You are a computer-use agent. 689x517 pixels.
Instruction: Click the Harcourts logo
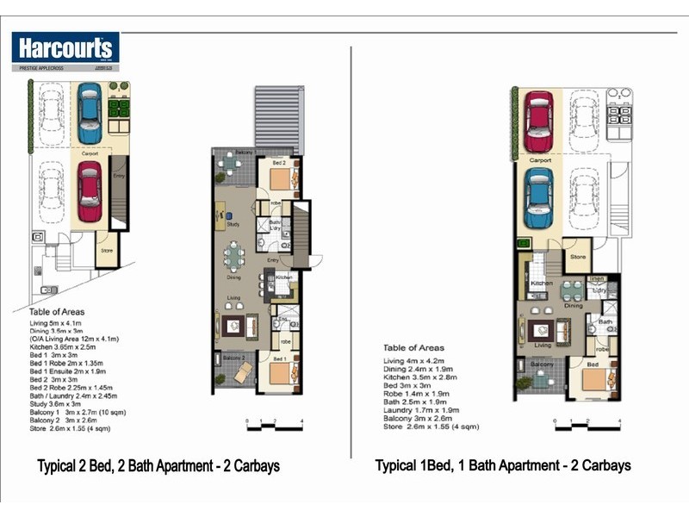tap(65, 47)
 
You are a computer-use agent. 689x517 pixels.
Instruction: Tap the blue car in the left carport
tap(90, 113)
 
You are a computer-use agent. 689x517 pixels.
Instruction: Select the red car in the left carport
tap(90, 191)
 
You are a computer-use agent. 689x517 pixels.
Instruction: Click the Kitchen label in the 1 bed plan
tap(541, 283)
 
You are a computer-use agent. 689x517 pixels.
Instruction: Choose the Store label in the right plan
tap(578, 256)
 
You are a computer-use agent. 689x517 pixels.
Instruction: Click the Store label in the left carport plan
tap(107, 251)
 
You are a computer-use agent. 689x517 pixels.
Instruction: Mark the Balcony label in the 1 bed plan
tap(541, 365)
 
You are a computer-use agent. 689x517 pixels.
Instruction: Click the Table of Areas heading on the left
tap(58, 312)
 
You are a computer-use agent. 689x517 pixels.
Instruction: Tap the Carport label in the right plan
tap(540, 160)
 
